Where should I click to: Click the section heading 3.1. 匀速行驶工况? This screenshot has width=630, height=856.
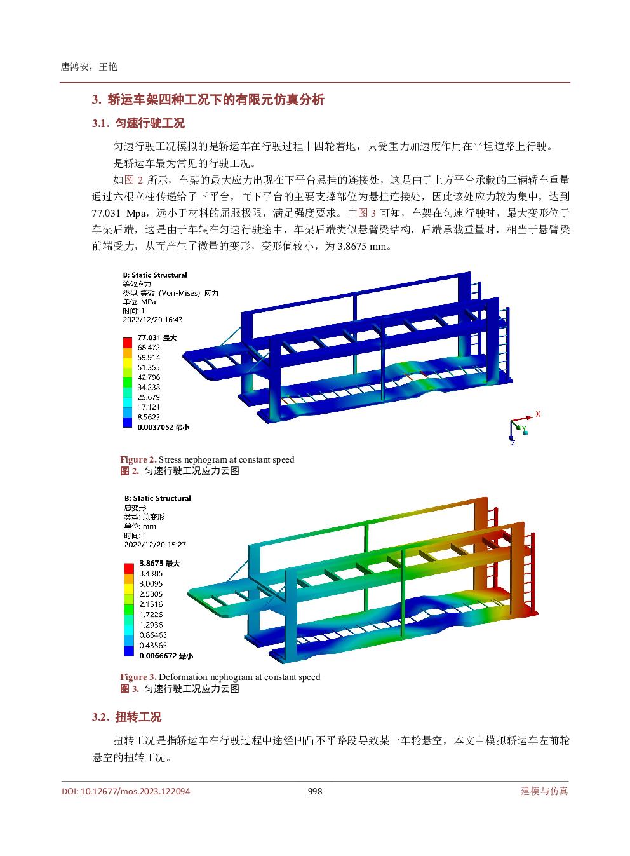click(138, 123)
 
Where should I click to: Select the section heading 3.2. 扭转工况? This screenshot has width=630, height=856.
click(127, 717)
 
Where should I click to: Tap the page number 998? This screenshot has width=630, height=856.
click(315, 791)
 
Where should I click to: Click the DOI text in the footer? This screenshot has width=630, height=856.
click(126, 791)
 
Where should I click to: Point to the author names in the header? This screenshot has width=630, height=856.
click(88, 67)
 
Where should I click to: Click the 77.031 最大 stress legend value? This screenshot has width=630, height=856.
click(157, 337)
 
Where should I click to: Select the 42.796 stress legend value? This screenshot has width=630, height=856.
click(149, 377)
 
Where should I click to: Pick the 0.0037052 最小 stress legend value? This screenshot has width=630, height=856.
click(163, 427)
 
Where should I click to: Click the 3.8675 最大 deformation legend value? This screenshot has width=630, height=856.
click(159, 563)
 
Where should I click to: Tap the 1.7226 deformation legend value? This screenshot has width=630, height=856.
click(151, 615)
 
